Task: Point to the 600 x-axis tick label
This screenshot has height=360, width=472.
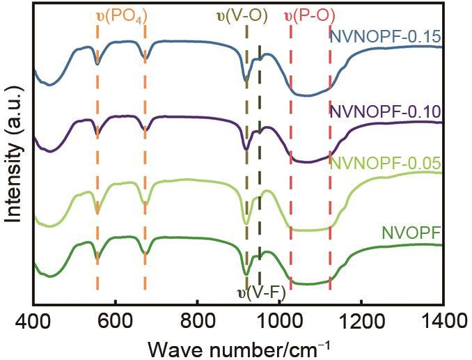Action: point(115,320)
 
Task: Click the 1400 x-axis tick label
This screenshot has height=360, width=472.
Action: point(443,320)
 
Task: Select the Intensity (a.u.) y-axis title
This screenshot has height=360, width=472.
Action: point(14,157)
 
